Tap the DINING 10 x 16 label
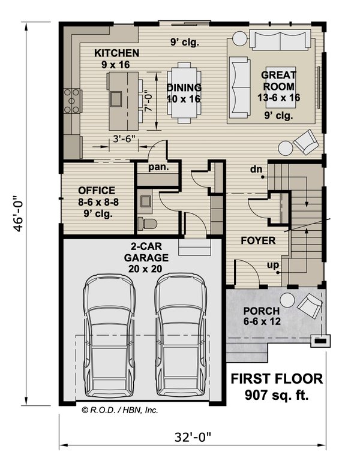(x=184, y=93)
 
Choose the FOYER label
(x=258, y=241)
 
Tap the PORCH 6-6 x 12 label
(x=261, y=317)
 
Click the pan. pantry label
(x=158, y=167)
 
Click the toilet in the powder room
(x=147, y=224)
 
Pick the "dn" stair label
(x=257, y=170)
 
